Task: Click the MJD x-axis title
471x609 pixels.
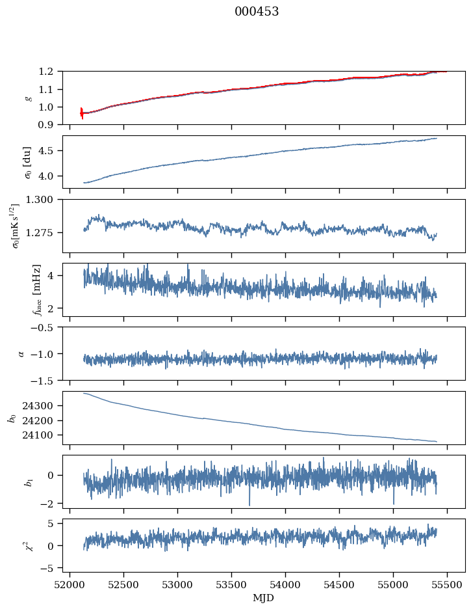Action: tap(264, 598)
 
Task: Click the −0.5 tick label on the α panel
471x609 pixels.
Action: tap(45, 328)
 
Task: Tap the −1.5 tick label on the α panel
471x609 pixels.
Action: tap(45, 380)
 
